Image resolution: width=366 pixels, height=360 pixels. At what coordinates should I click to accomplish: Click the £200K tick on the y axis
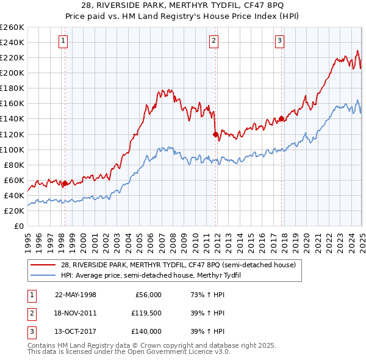12,73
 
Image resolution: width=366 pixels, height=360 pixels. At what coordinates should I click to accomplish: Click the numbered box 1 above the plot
63,41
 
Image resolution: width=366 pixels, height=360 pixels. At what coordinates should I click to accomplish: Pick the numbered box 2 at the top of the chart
214,41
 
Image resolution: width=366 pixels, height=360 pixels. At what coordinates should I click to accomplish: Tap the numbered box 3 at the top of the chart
279,41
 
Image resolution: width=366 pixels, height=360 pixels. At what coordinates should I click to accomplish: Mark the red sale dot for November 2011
215,134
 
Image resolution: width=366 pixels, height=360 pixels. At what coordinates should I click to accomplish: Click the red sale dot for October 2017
281,118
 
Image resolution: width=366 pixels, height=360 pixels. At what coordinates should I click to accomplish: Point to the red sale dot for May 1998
65,183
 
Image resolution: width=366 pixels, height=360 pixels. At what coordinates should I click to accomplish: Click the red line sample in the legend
43,265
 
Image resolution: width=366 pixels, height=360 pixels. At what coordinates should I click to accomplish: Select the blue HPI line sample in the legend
43,275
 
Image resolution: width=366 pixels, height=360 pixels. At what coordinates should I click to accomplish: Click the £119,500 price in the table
146,312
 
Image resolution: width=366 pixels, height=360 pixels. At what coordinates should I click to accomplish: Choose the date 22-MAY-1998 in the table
75,295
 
